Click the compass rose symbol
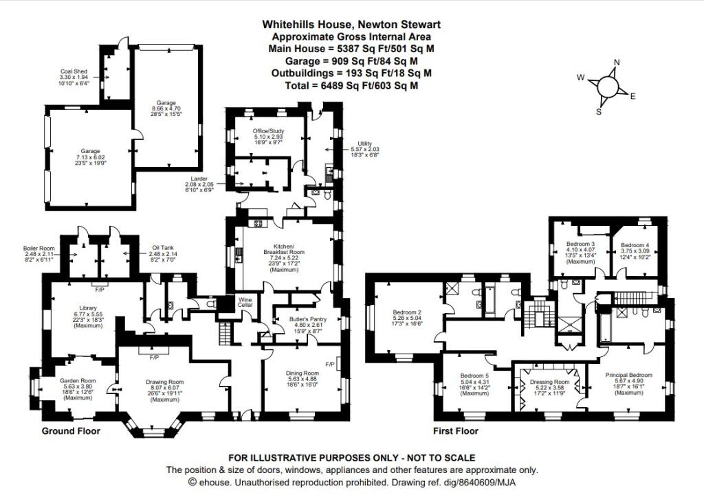tap(607, 87)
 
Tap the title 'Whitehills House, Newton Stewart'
tap(351, 24)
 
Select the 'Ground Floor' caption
tap(71, 431)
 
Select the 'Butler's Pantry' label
tap(298, 320)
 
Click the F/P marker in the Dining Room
tap(329, 363)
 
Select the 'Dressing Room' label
tap(548, 382)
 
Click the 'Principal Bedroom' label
tap(628, 375)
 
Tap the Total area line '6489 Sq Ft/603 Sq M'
tap(351, 86)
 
